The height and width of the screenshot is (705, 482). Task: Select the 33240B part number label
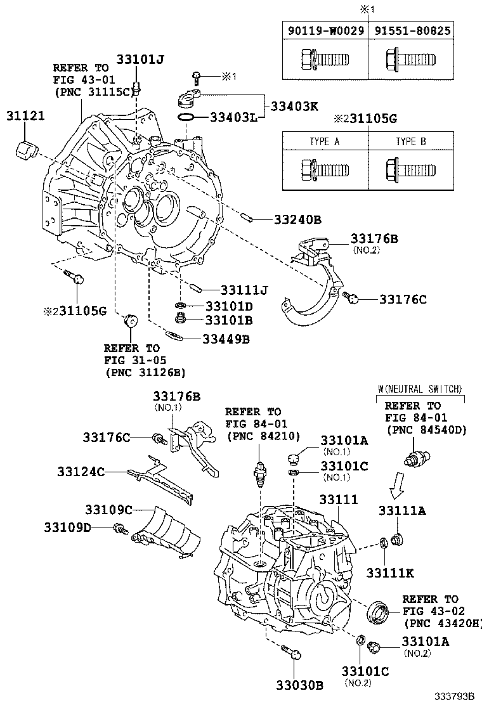tap(298, 220)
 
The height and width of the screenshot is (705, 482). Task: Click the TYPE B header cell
tap(411, 141)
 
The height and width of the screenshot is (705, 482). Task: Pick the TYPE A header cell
tap(325, 141)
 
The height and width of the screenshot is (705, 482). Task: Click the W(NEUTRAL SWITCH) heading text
tap(420, 389)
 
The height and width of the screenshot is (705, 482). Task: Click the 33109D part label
tap(68, 527)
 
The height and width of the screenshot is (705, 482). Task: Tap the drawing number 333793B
tap(455, 695)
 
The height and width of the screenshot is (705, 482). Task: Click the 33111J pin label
tap(235, 290)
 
